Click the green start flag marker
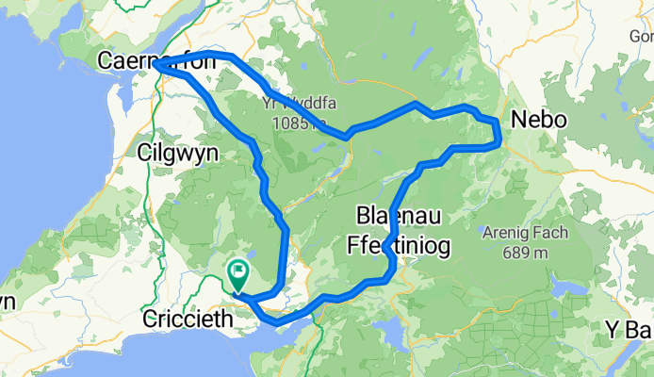point(237,274)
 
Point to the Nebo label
point(538,120)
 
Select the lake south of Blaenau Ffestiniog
point(388,332)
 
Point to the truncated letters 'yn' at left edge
point(7,302)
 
